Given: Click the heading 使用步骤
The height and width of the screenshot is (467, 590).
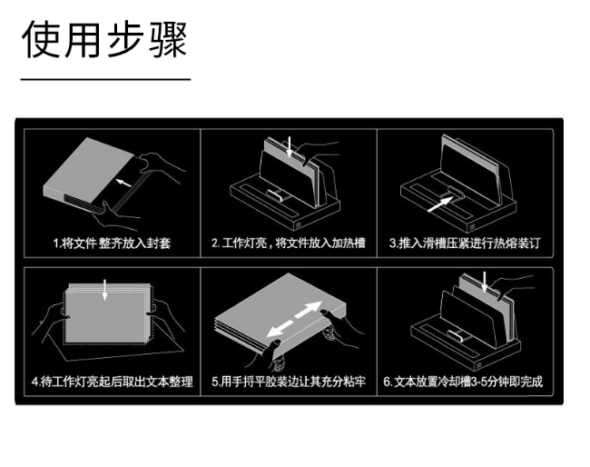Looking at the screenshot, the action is [104, 39].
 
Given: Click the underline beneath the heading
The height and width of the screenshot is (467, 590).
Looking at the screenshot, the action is [105, 79].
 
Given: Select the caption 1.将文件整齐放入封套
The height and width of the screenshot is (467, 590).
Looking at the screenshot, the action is [112, 243].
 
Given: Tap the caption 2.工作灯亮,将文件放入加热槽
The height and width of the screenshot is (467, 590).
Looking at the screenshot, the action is [289, 243].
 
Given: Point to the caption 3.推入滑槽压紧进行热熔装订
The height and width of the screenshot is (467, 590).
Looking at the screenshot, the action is [465, 243].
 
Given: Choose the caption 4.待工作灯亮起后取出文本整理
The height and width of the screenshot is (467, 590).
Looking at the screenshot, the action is [113, 382].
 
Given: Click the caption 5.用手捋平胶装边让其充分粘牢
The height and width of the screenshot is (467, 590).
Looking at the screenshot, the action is [289, 382].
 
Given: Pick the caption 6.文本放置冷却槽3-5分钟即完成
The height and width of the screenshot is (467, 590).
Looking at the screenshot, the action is [463, 382].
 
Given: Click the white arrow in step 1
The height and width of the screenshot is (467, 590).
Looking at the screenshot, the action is [123, 183].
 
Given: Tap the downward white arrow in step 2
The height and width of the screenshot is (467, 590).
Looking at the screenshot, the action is [290, 147].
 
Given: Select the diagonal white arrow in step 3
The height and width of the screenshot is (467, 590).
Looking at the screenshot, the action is [440, 204].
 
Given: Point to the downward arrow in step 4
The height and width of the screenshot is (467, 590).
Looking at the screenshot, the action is [104, 290].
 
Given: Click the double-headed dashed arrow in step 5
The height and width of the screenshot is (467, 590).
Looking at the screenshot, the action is [294, 320].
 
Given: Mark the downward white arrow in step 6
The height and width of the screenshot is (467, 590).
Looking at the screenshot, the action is [485, 283].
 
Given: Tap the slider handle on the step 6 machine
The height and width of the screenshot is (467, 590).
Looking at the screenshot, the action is [457, 334].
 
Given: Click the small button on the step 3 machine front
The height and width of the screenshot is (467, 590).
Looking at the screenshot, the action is [471, 227].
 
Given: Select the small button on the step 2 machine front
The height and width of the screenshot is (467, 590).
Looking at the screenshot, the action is [298, 225].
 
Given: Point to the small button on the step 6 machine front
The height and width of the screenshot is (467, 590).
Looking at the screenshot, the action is [479, 365].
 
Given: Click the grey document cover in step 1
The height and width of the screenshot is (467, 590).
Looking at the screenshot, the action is [89, 171].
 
